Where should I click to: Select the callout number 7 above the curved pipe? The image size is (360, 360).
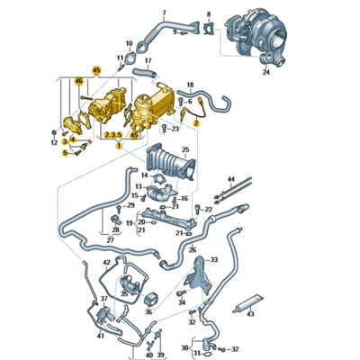point(163,13)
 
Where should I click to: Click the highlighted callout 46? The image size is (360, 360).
point(78,82)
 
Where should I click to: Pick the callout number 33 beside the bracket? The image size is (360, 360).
point(212,259)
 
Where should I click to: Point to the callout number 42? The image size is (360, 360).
point(106,263)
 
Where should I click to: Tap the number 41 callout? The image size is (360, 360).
point(100,335)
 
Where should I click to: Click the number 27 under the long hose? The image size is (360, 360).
point(111,241)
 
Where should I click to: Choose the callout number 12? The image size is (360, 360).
point(53,142)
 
